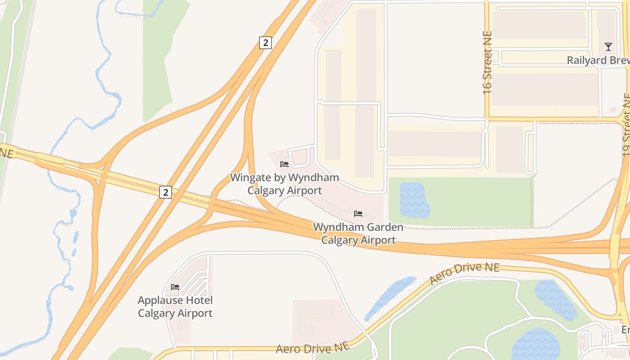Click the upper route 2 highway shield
(265, 43)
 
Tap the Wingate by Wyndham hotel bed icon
(284, 164)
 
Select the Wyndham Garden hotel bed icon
(358, 213)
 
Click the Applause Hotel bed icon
(175, 287)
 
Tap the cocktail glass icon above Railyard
(608, 46)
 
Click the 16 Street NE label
(487, 62)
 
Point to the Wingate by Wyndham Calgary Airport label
(284, 184)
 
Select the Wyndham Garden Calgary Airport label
(358, 234)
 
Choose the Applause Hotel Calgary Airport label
(175, 306)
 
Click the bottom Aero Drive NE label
(312, 348)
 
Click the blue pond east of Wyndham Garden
(414, 200)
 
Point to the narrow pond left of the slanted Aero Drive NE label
(390, 297)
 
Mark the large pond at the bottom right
(535, 344)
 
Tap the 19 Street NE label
(626, 125)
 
